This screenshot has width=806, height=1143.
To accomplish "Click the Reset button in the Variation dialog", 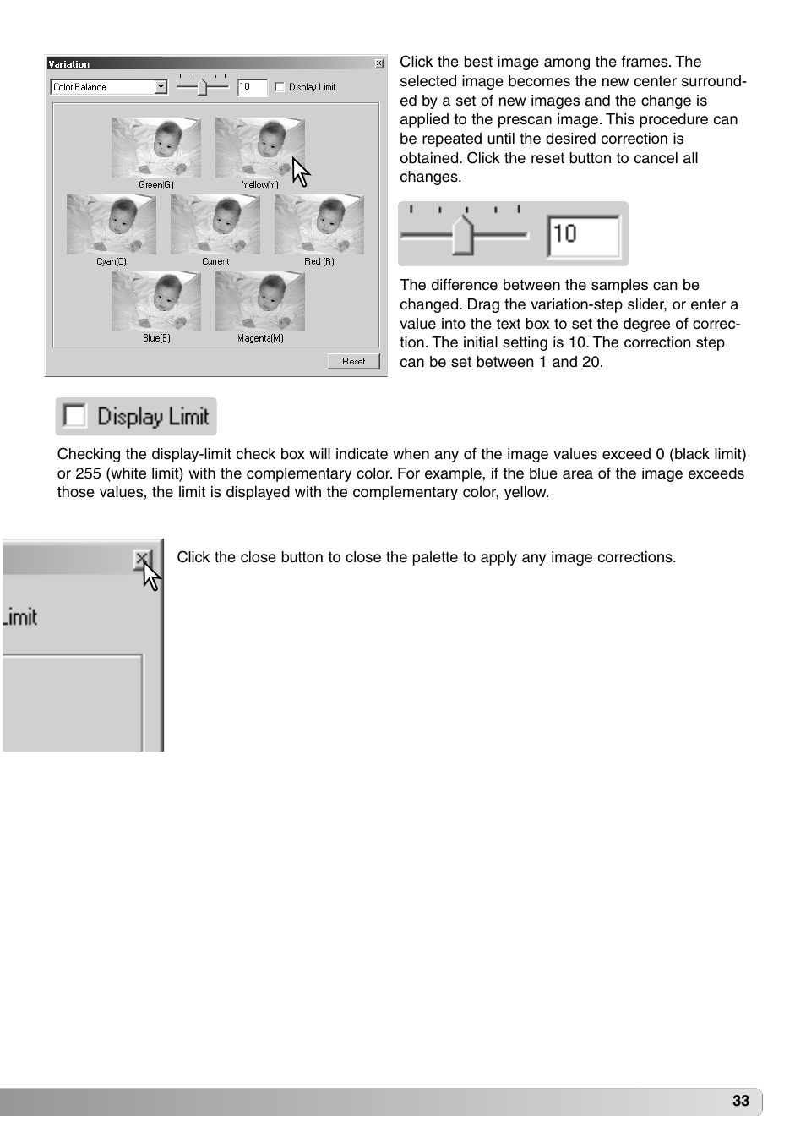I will coord(353,361).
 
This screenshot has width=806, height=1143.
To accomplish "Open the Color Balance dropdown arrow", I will coord(161,86).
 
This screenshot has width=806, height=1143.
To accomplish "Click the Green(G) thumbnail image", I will coord(155,147).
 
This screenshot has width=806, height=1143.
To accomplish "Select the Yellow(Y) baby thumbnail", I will coord(259,147).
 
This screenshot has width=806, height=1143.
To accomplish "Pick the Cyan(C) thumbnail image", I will coord(111,224).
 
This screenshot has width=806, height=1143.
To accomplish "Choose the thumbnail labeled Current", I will coord(215,224).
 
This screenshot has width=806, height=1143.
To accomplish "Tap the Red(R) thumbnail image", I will coord(319,224).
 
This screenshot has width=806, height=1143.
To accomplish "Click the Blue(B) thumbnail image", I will coord(155,301).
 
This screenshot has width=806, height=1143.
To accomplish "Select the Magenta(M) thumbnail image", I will coord(259,301).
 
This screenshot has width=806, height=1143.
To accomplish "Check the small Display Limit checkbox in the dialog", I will coord(280,87).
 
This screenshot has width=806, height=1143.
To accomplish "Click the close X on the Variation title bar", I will coord(378,63).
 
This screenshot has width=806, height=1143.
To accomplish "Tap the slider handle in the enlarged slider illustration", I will coord(463,235).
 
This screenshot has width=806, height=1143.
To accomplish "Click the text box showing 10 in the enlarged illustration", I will coord(584,235).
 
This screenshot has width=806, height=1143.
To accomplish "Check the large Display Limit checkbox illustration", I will coord(75,416).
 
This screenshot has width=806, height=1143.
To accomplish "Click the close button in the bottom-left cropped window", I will coord(142,559).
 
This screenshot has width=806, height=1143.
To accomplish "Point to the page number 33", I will coord(740,1100).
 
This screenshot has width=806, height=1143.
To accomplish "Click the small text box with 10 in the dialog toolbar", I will coord(252,87).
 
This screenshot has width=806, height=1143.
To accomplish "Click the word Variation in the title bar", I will coord(69,63).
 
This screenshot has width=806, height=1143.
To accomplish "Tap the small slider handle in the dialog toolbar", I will coord(202,86).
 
